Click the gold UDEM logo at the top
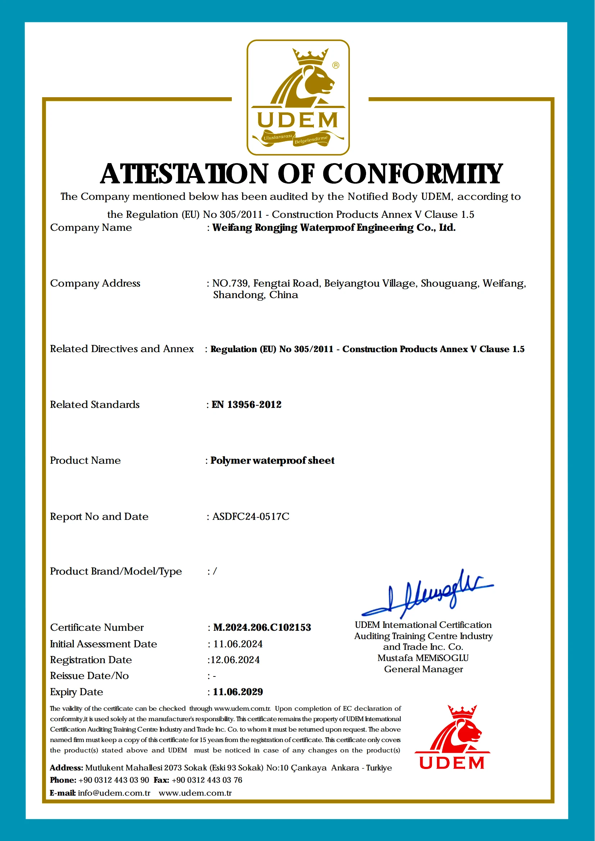point(298,98)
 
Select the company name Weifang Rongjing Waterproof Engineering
point(334,228)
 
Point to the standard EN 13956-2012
point(247,405)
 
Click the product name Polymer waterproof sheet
point(272,460)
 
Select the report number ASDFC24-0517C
point(251,517)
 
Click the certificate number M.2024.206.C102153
point(262,628)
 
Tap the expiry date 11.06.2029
point(238,692)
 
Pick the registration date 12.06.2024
point(235,660)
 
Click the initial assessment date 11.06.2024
point(238,644)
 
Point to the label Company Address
point(95,283)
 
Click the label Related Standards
point(95,405)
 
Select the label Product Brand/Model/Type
point(116,571)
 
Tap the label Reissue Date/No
point(89,676)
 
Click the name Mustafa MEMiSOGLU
point(423,658)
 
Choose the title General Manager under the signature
point(424,669)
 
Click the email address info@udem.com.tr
point(114,793)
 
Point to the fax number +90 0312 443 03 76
point(207,780)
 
